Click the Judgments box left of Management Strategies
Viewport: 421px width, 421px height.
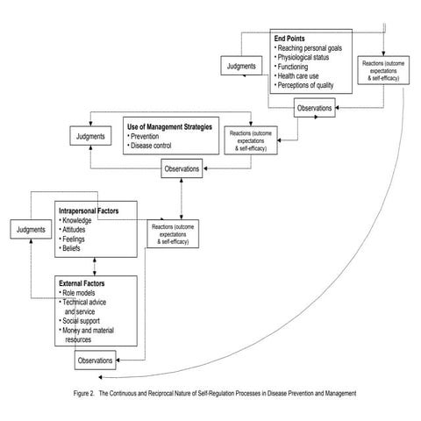click(91, 136)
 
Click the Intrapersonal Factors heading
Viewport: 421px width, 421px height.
click(94, 210)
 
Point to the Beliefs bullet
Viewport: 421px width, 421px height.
click(77, 249)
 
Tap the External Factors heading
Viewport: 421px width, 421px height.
click(87, 285)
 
